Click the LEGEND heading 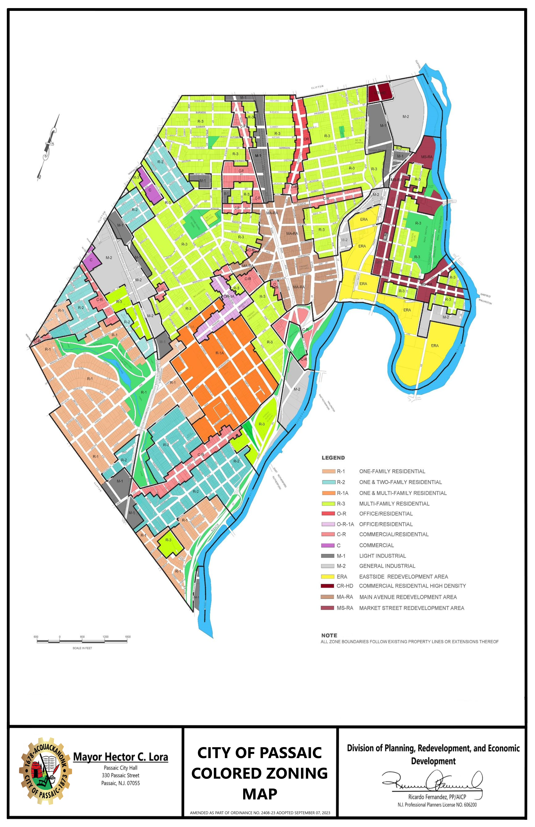click(x=333, y=458)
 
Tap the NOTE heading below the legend click(x=329, y=635)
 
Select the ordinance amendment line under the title click(x=260, y=813)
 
